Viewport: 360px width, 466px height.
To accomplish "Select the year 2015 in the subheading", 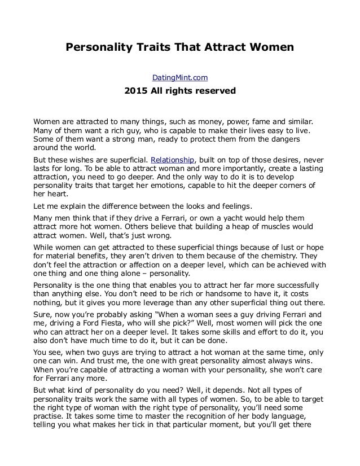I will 137,90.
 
